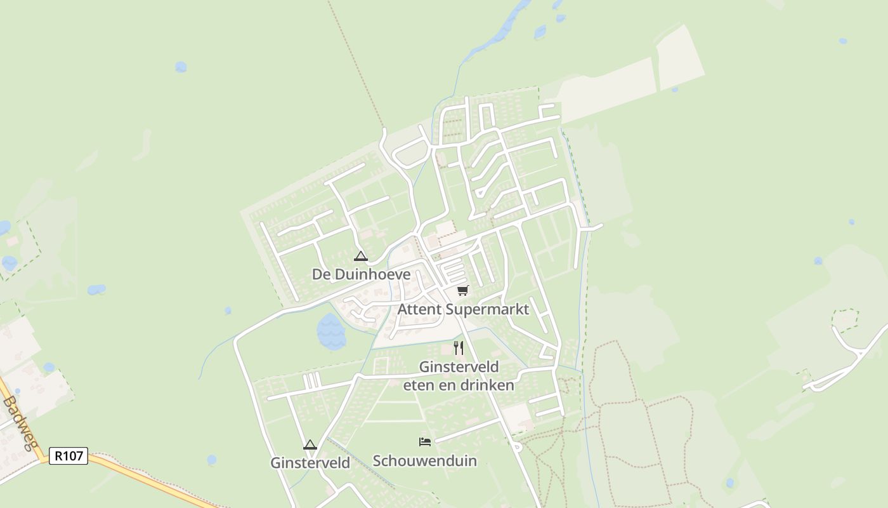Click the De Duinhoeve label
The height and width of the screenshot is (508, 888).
[x=361, y=274]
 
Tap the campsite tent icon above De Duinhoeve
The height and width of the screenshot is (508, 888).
[x=361, y=257]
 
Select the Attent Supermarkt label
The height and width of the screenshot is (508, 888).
[x=463, y=309]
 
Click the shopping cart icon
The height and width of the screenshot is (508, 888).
[x=462, y=290]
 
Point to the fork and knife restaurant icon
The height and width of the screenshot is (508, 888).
[x=459, y=348]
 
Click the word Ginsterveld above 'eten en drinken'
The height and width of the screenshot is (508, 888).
[x=459, y=367]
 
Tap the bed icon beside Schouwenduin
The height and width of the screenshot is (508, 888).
[x=425, y=441]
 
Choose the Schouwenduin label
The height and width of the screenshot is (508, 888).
[x=424, y=460]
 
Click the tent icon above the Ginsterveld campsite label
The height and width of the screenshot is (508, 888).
[x=310, y=444]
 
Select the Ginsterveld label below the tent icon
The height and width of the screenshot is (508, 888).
[x=310, y=463]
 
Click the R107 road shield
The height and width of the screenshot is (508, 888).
[x=69, y=455]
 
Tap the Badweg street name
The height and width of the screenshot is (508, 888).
[x=19, y=422]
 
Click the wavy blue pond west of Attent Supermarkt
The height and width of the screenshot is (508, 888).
[x=331, y=331]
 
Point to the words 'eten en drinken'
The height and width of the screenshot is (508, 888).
[x=459, y=385]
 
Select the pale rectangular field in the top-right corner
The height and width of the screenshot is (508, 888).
[x=680, y=57]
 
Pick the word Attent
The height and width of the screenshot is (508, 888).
[x=420, y=309]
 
